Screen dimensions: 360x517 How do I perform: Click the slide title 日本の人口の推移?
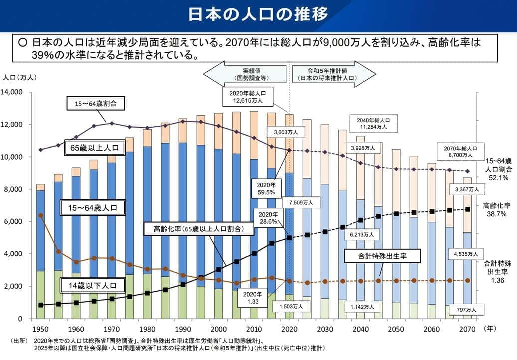point(258,14)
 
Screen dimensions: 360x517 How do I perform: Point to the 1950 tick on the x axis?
point(40,329)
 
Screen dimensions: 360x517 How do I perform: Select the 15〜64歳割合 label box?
point(95,104)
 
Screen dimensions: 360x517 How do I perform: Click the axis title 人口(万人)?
point(19,78)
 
